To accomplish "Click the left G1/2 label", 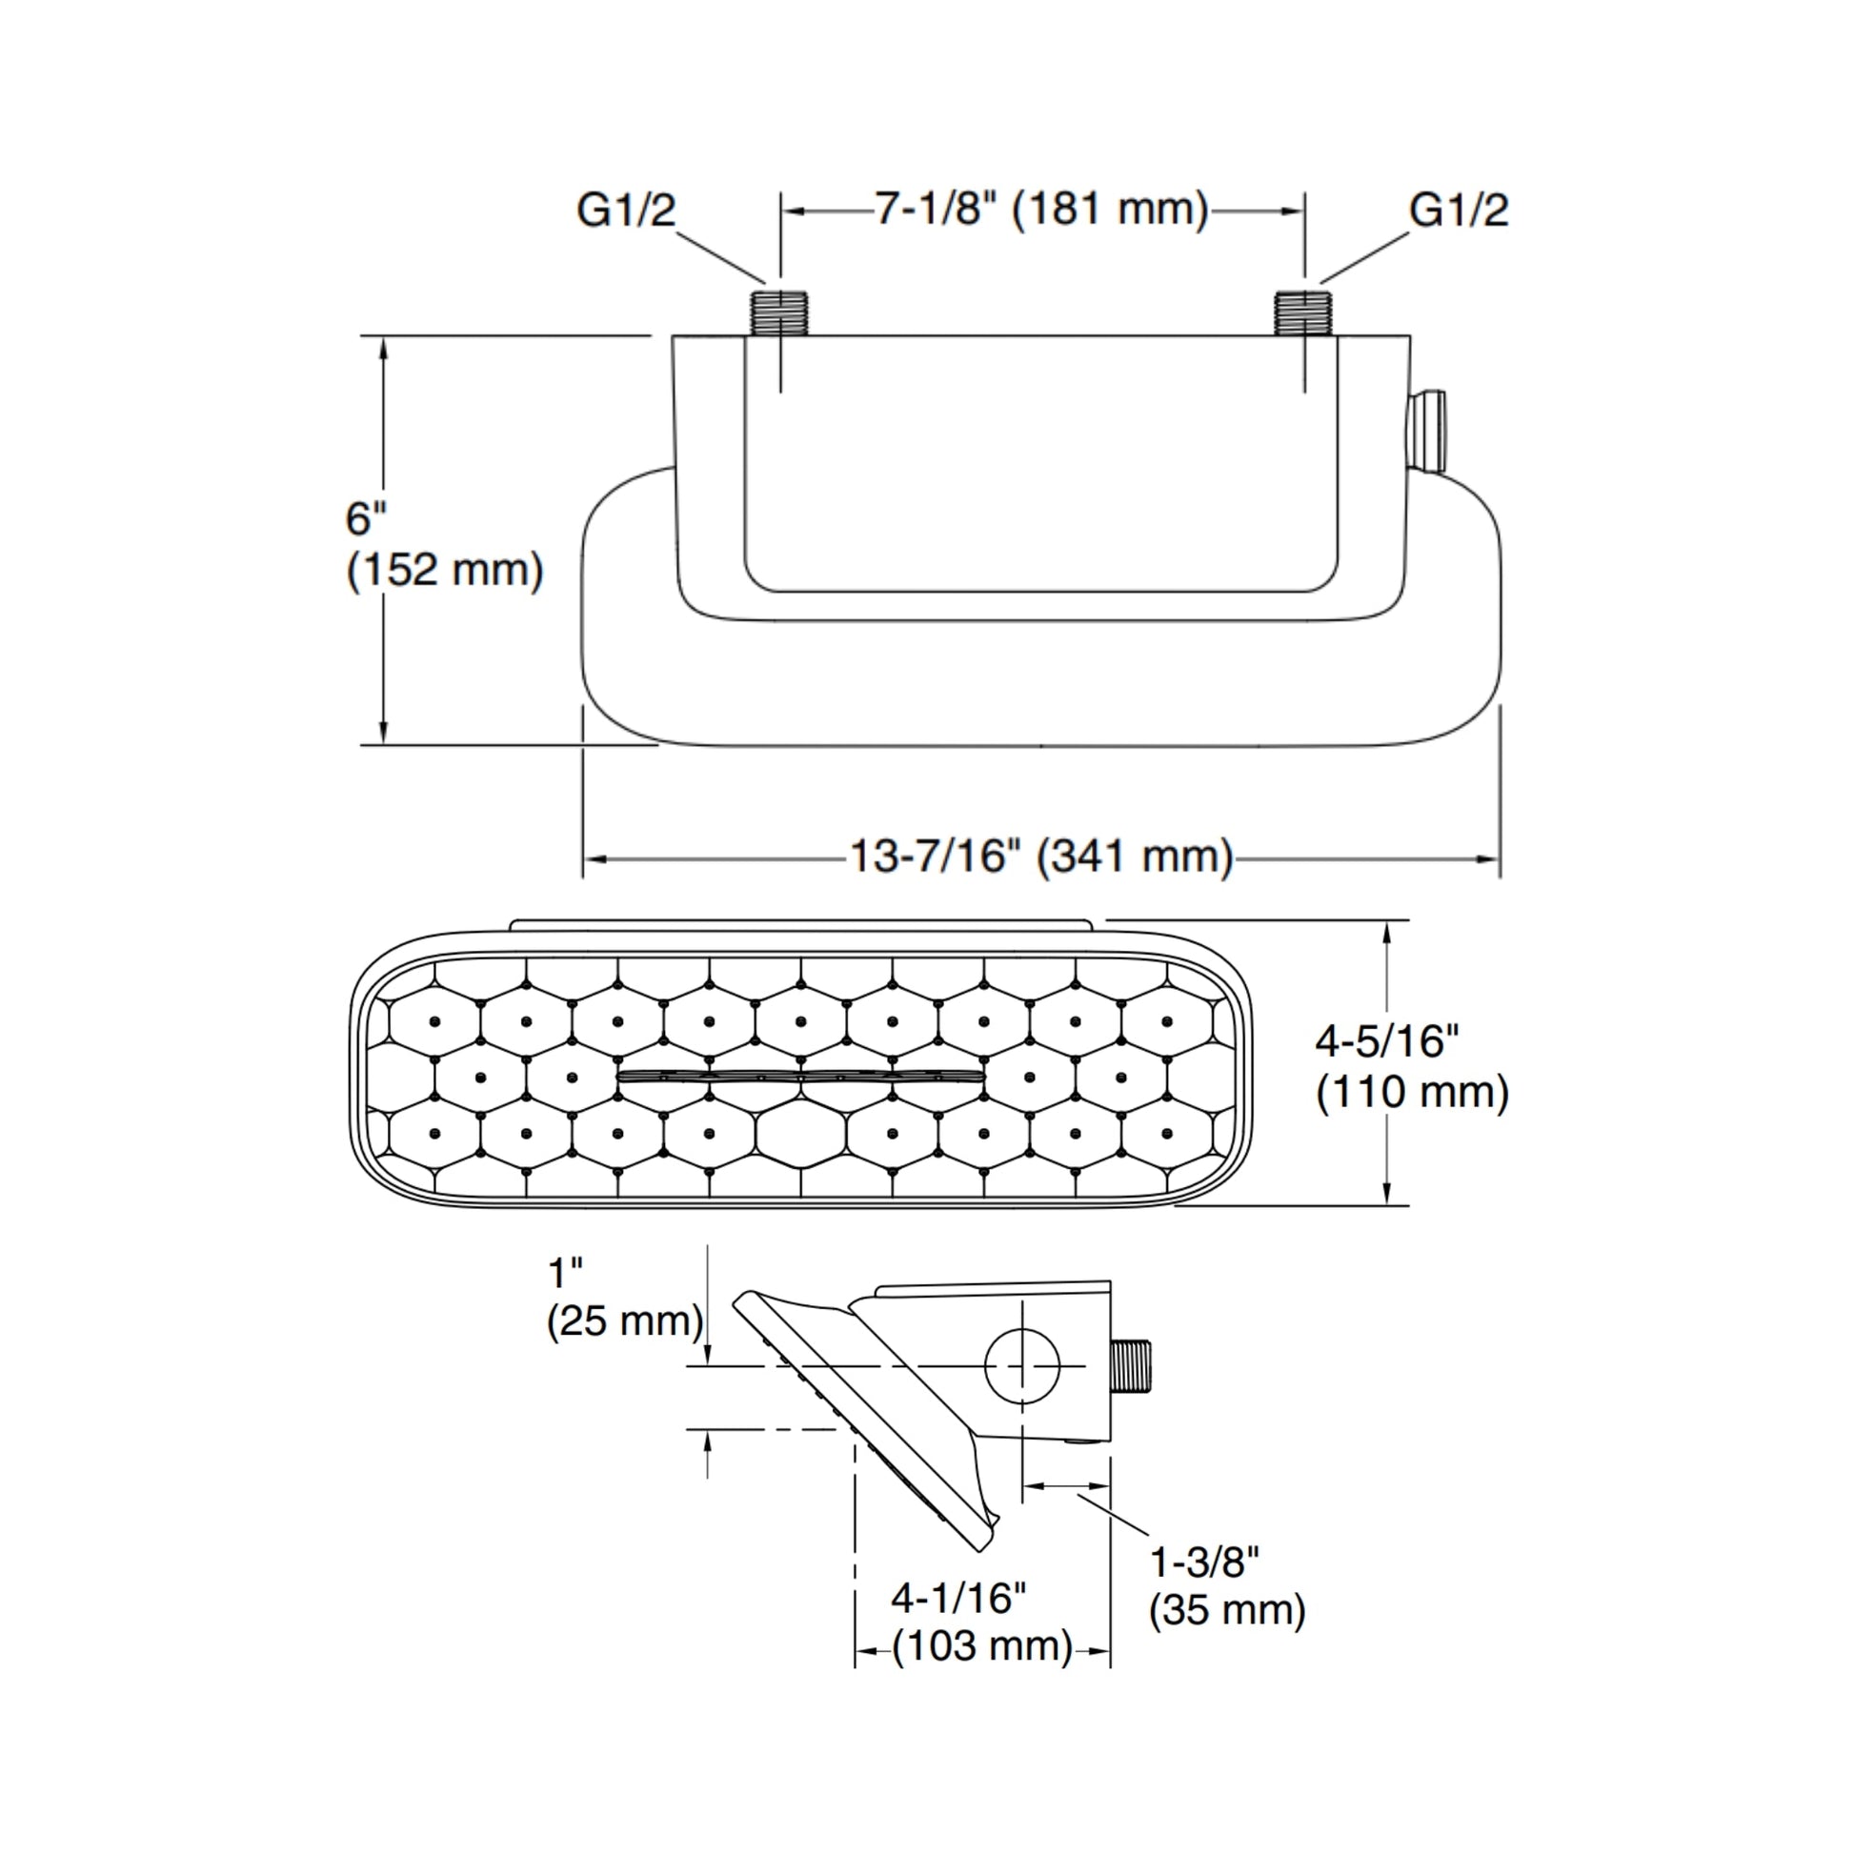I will (626, 211).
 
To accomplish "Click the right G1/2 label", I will (1458, 211).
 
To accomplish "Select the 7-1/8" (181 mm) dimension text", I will (1041, 209).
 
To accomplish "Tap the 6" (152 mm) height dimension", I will (443, 544).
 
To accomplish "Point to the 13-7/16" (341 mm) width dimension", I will (1041, 856).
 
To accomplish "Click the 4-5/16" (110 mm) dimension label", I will (1412, 1066).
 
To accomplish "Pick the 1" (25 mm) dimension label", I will (625, 1298).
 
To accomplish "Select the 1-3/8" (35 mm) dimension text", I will (1226, 1586).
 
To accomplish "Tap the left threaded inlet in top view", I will (780, 312).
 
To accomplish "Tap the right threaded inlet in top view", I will (1304, 312).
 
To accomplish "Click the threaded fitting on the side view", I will (1134, 1366).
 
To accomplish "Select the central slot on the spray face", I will (801, 1077).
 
